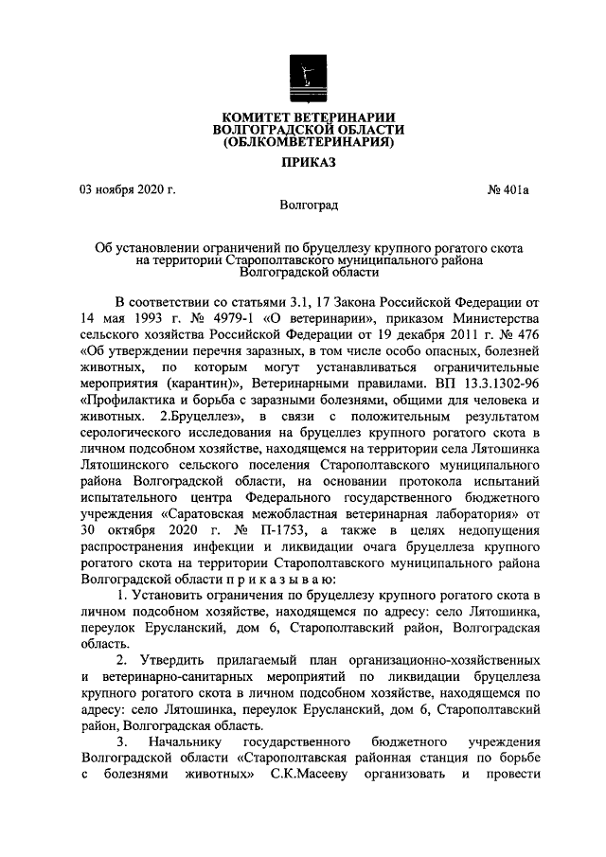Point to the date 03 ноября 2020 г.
(128, 189)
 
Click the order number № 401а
(508, 189)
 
